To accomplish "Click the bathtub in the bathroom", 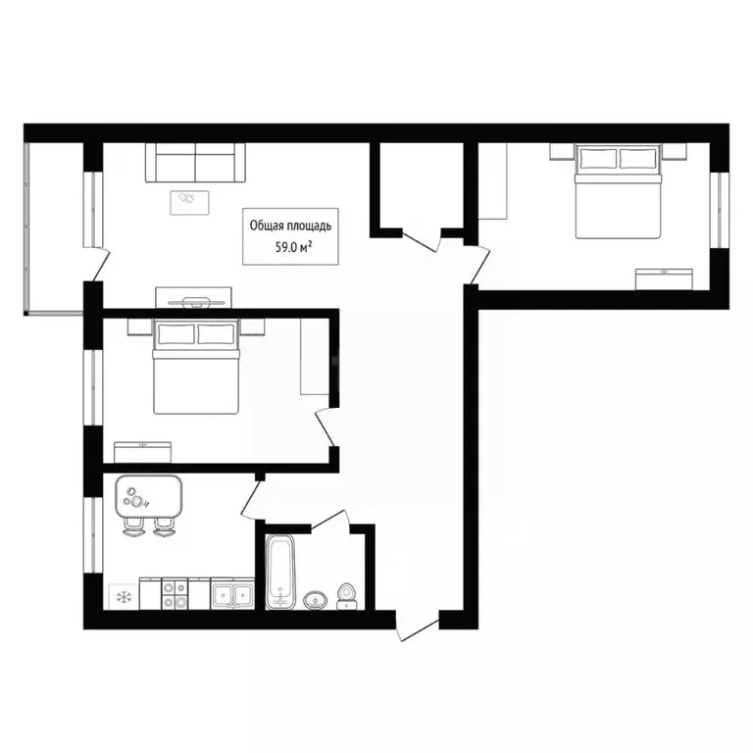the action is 280,572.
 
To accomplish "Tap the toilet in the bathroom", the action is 346,596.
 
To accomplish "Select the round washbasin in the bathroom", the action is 315,600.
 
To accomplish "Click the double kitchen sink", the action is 232,593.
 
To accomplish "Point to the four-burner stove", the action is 175,593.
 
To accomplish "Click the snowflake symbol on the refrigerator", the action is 125,597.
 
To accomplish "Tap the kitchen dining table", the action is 148,496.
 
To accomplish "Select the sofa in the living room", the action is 195,163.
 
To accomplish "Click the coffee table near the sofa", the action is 189,203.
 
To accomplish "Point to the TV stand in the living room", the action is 193,299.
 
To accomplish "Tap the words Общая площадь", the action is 290,226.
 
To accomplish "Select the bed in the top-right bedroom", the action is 618,191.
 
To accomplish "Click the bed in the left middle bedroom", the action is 195,367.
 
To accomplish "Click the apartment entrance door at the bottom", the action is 418,626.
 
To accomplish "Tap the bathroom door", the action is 330,521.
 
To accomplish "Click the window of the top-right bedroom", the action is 720,210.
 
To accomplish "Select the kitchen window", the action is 93,535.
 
